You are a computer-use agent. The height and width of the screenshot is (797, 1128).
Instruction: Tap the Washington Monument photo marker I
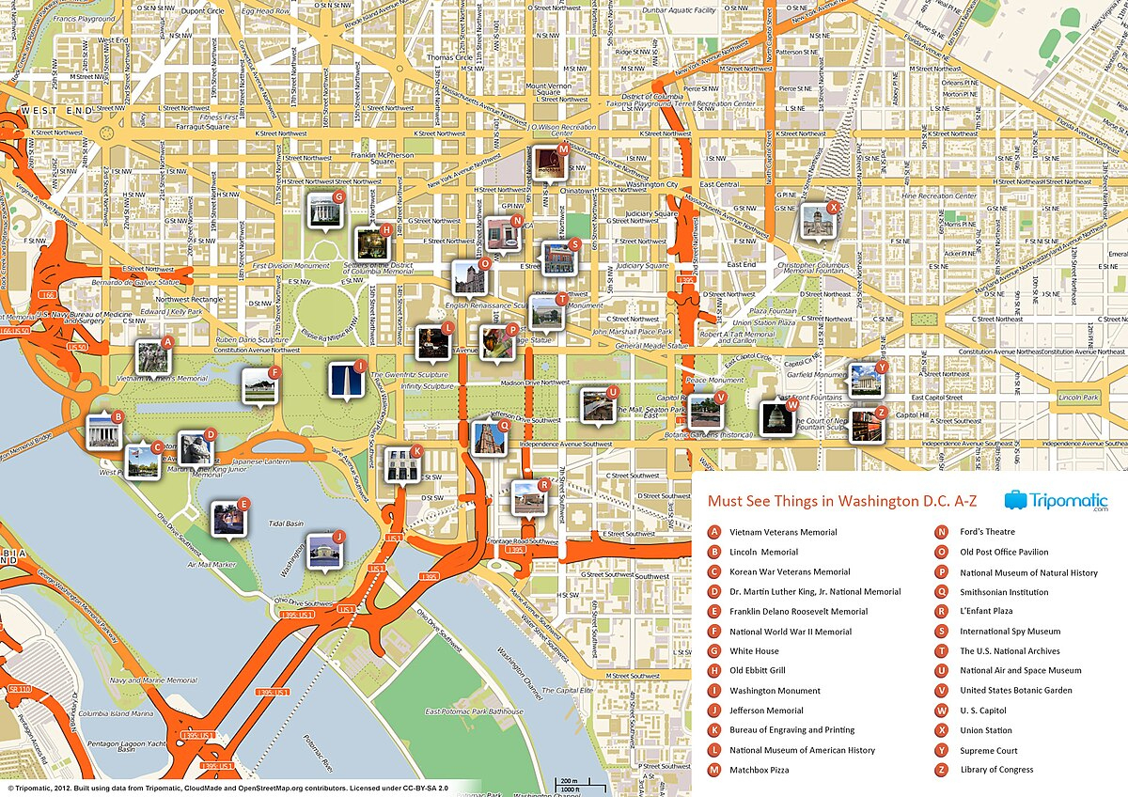[x=345, y=380]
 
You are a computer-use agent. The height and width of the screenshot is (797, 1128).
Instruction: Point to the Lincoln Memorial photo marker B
[x=103, y=430]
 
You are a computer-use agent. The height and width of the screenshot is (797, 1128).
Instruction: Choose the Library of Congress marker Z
[x=866, y=426]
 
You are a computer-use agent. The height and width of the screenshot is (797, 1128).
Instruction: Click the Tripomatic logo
[x=1056, y=501]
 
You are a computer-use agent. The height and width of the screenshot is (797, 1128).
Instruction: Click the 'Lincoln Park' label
[x=1077, y=398]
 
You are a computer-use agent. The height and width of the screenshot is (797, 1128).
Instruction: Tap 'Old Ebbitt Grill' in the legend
[x=757, y=671]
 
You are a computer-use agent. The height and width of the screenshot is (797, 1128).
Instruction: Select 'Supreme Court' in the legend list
[x=988, y=751]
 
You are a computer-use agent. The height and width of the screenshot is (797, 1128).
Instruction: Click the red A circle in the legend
[x=714, y=533]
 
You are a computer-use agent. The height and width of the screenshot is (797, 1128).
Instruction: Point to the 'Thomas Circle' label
[x=449, y=57]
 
